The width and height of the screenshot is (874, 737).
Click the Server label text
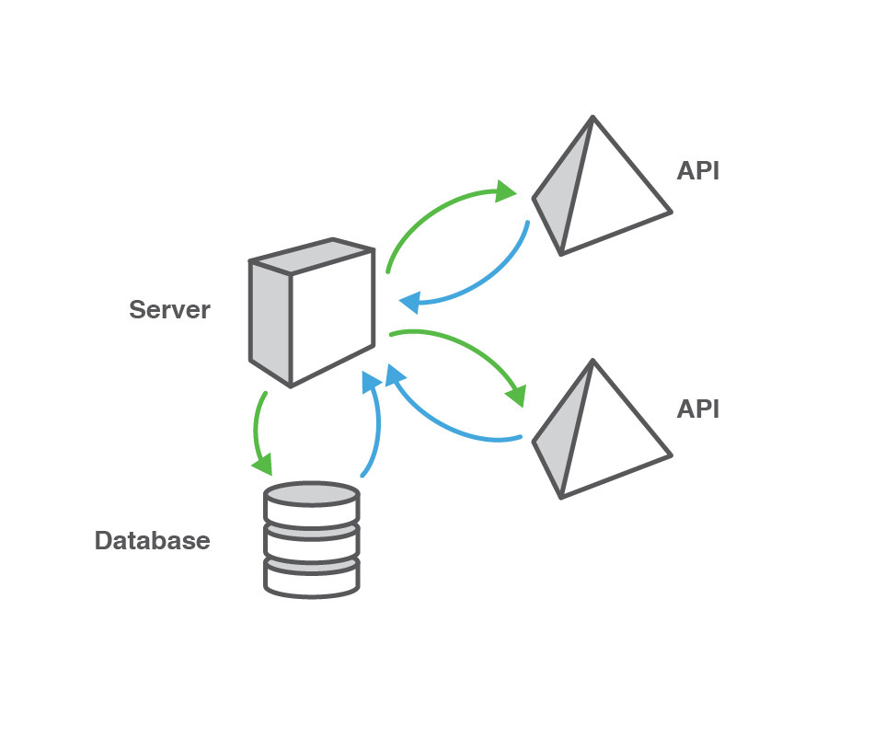tap(169, 310)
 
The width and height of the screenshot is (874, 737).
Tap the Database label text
tap(152, 540)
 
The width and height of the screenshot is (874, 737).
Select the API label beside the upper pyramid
tap(697, 171)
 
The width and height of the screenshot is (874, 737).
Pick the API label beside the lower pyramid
tap(697, 409)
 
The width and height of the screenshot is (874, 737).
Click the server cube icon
tap(312, 313)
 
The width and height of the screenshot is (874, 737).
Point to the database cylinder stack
tap(312, 540)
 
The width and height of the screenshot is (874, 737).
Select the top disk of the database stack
tap(312, 495)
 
